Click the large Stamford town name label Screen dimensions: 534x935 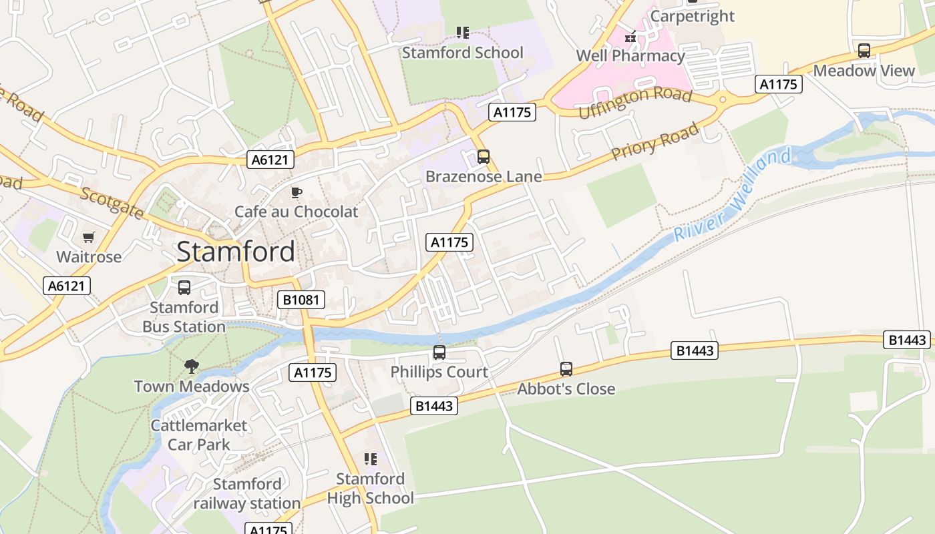pyautogui.click(x=235, y=252)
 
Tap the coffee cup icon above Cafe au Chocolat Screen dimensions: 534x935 pyautogui.click(x=297, y=193)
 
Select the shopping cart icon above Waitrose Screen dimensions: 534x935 pyautogui.click(x=89, y=238)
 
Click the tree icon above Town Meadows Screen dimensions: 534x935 pyautogui.click(x=192, y=366)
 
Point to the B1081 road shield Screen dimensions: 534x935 pyautogui.click(x=301, y=300)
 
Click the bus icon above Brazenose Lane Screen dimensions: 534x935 pyautogui.click(x=484, y=157)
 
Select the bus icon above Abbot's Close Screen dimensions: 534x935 pyautogui.click(x=566, y=368)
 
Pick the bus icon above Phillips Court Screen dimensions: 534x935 pyautogui.click(x=439, y=352)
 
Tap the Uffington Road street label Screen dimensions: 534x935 pyautogui.click(x=634, y=103)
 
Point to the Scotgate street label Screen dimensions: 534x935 pyautogui.click(x=112, y=202)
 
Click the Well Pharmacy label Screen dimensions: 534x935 pyautogui.click(x=630, y=55)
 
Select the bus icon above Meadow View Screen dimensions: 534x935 pyautogui.click(x=864, y=51)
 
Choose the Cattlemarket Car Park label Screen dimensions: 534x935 pyautogui.click(x=199, y=435)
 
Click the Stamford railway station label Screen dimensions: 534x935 pyautogui.click(x=247, y=493)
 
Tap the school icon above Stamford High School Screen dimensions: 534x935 pyautogui.click(x=371, y=459)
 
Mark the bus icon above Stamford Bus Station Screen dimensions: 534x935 pyautogui.click(x=184, y=288)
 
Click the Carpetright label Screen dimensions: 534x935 pyautogui.click(x=692, y=16)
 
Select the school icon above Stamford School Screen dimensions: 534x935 pyautogui.click(x=463, y=32)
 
